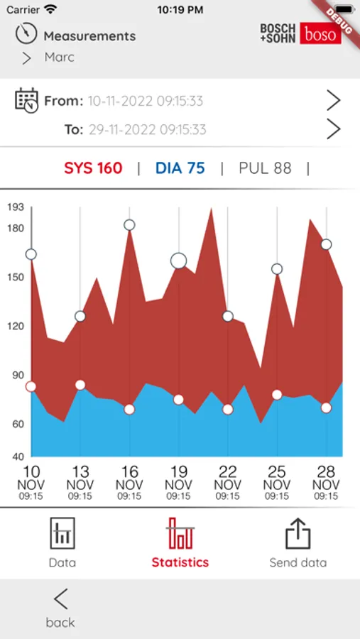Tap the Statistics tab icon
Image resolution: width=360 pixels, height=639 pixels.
coord(180,534)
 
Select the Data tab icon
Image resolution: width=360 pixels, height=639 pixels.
coord(62,534)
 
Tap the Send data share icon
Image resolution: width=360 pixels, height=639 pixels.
coord(298,534)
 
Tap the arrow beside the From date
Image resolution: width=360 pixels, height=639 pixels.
coord(333,101)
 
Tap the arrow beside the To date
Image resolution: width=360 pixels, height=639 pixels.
coord(333,129)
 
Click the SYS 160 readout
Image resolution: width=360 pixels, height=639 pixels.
coord(93,168)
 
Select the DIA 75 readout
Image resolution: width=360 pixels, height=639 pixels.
coord(180,168)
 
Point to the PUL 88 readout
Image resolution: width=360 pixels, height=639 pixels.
coord(265,168)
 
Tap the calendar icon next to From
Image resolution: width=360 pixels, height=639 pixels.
coord(26,100)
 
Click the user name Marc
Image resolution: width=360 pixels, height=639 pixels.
coord(59,57)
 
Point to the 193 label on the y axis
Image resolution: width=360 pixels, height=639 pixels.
coord(16,207)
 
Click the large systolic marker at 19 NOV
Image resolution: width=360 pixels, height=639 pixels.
coord(178,261)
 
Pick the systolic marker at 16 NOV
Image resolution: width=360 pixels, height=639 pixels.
coord(129,225)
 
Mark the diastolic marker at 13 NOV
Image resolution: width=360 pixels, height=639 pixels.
coord(80,385)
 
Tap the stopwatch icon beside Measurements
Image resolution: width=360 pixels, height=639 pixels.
coord(26,34)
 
